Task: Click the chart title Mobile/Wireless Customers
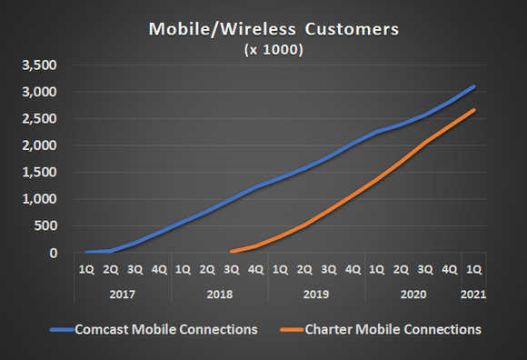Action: pyautogui.click(x=263, y=31)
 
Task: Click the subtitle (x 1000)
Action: pyautogui.click(x=264, y=50)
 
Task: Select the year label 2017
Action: pyautogui.click(x=122, y=295)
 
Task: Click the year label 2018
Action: pyautogui.click(x=219, y=295)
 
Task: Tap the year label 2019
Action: pyautogui.click(x=316, y=295)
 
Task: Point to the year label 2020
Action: pyautogui.click(x=413, y=295)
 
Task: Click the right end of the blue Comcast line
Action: pyautogui.click(x=474, y=86)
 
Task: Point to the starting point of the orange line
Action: pyautogui.click(x=232, y=252)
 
